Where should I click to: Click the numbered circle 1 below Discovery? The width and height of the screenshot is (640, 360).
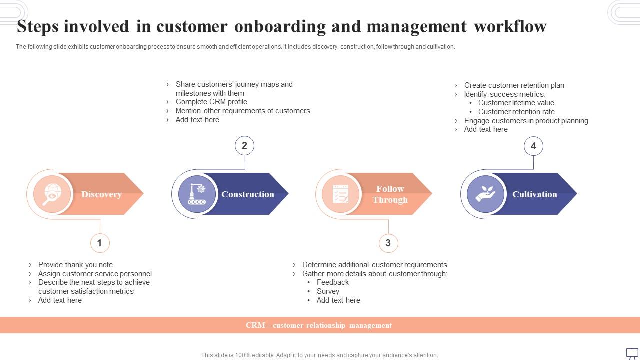(x=100, y=243)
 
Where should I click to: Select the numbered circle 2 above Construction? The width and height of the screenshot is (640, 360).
(x=244, y=146)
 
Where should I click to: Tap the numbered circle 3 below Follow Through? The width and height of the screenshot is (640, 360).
(x=388, y=243)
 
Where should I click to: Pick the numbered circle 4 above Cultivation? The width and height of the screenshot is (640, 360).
(x=533, y=146)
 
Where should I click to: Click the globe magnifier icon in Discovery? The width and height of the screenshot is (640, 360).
(x=52, y=194)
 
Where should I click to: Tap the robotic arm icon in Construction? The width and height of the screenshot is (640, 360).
(x=197, y=194)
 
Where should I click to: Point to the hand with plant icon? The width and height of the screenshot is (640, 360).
(x=485, y=194)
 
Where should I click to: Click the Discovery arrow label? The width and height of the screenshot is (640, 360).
(x=101, y=194)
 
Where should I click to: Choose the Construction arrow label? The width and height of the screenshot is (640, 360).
(x=248, y=194)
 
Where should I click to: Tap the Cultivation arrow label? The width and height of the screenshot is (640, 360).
(x=534, y=194)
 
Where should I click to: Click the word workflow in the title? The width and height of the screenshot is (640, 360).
(x=510, y=26)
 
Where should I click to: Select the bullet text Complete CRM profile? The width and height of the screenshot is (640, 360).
(x=211, y=102)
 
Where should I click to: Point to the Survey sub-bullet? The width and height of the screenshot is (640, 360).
(x=328, y=291)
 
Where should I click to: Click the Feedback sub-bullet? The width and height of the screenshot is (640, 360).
(x=332, y=282)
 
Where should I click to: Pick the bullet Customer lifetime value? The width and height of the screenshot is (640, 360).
(x=516, y=103)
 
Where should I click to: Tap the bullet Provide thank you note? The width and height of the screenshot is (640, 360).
(x=75, y=265)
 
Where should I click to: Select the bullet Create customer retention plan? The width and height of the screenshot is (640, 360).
(x=514, y=85)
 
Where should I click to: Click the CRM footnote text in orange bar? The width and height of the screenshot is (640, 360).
(x=319, y=325)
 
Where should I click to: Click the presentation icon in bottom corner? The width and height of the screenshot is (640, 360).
(x=632, y=352)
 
